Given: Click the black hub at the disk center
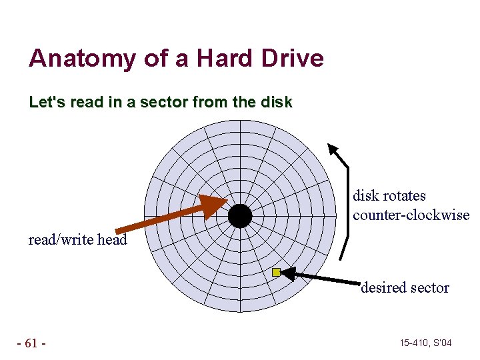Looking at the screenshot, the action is [x=240, y=216].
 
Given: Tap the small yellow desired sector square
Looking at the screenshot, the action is [x=276, y=272].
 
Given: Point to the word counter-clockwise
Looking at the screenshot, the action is [x=411, y=215].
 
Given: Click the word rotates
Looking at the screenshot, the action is [x=404, y=196].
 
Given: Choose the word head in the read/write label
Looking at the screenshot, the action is [x=112, y=240].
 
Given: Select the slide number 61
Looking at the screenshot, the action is [x=31, y=343].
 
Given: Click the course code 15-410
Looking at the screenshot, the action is [x=415, y=343].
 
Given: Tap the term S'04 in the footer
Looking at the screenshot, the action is [x=442, y=343].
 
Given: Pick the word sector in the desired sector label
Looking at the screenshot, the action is [x=431, y=288].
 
